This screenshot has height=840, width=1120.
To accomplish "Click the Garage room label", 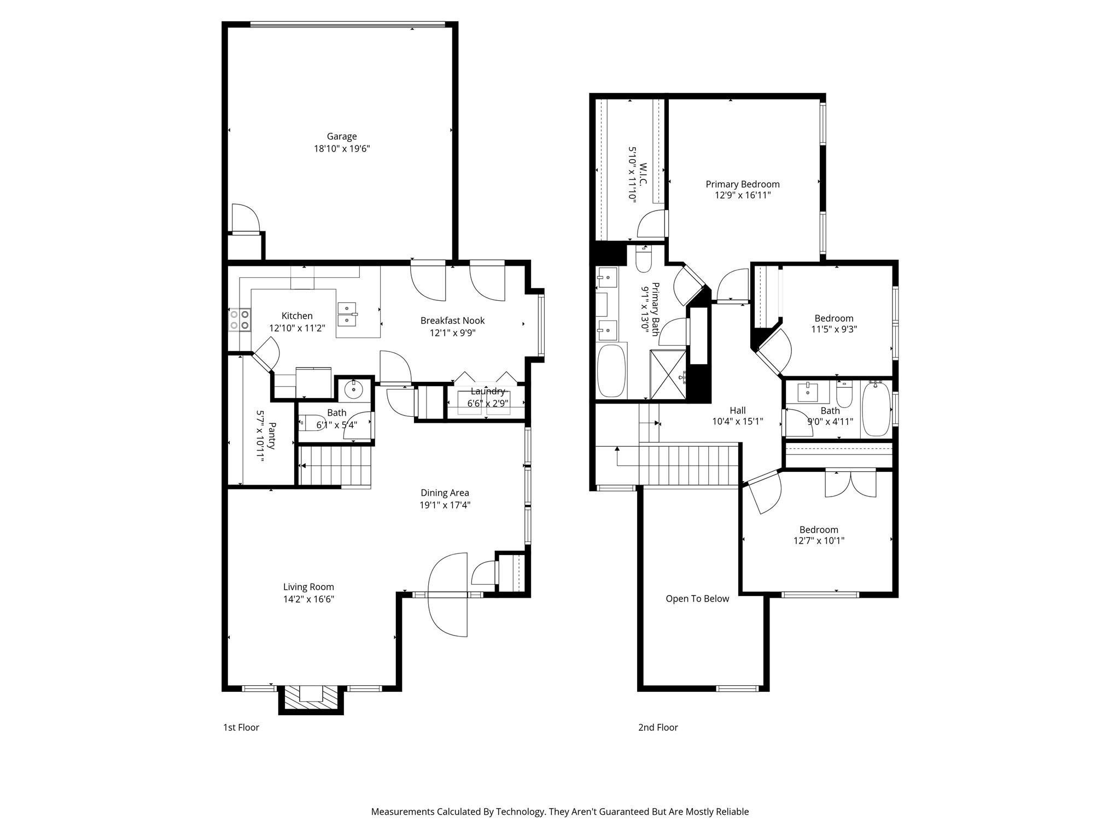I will pyautogui.click(x=342, y=137).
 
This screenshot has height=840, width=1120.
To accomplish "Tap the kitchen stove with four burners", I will pyautogui.click(x=240, y=320).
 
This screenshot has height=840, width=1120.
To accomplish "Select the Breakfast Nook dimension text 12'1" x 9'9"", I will pyautogui.click(x=452, y=332).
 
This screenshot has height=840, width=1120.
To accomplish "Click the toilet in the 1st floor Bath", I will pyautogui.click(x=312, y=423).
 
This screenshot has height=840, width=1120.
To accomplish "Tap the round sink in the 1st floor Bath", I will pyautogui.click(x=354, y=390).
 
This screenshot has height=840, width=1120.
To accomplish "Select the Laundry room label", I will pyautogui.click(x=487, y=392).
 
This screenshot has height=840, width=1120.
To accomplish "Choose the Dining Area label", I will pyautogui.click(x=445, y=493).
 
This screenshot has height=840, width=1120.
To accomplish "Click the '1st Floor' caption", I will pyautogui.click(x=241, y=727).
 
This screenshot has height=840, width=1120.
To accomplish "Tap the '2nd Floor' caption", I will pyautogui.click(x=658, y=727).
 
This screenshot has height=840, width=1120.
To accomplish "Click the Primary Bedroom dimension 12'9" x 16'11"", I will pyautogui.click(x=742, y=195).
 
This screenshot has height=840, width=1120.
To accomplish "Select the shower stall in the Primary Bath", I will pyautogui.click(x=668, y=375).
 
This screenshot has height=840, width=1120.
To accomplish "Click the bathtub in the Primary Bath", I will pyautogui.click(x=611, y=371).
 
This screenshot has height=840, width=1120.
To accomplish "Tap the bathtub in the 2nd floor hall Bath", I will pyautogui.click(x=876, y=409).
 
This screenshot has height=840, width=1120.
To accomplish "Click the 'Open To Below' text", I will pyautogui.click(x=697, y=599).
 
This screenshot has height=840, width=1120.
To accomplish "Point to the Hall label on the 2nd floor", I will pyautogui.click(x=737, y=410).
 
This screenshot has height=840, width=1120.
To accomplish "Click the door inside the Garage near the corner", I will pyautogui.click(x=245, y=219).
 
